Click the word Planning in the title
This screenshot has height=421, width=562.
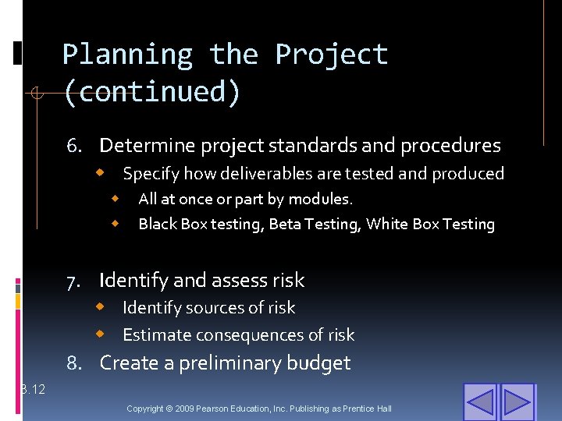click(127, 55)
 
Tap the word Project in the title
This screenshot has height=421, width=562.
click(331, 55)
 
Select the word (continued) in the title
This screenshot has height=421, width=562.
click(151, 92)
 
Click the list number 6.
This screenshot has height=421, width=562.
click(74, 146)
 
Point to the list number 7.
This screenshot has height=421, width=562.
click(74, 281)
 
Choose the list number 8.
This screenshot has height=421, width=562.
click(74, 363)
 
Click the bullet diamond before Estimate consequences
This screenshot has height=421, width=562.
click(101, 334)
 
